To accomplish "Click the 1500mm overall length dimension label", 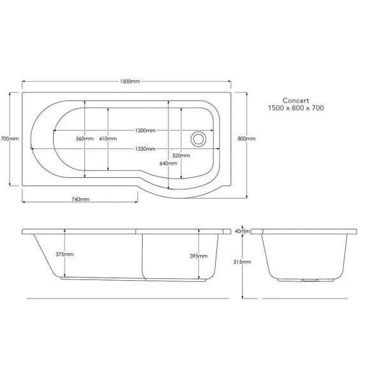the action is pos(130,82).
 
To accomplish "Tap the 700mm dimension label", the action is pos(10,139).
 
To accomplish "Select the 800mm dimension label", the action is pos(247,139).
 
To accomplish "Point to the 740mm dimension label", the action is pos(80,200).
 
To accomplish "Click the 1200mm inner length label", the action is pos(145,131).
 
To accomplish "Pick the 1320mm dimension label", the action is pos(145,149).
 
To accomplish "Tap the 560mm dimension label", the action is pos(85,139).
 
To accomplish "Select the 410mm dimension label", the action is pos(108,139).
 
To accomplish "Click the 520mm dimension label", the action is pos(181,156).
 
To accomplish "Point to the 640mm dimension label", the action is pos(168,163).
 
